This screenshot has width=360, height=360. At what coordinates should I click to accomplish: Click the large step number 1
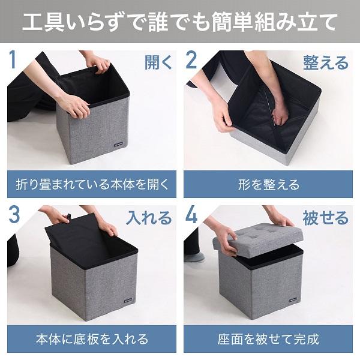click(13, 60)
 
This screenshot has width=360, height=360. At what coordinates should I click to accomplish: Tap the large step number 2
click(191, 60)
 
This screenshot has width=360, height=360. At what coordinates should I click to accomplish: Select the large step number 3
click(14, 214)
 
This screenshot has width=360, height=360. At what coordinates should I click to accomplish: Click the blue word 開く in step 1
click(158, 62)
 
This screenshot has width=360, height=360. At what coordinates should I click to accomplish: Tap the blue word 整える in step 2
click(326, 62)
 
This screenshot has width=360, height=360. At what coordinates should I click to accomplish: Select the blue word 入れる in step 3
click(149, 218)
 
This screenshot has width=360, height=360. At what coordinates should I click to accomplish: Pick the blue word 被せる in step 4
click(326, 218)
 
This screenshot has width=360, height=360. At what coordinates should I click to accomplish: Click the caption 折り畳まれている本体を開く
click(92, 184)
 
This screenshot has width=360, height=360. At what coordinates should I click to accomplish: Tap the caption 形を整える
click(268, 184)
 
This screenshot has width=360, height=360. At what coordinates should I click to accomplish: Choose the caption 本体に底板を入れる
click(92, 339)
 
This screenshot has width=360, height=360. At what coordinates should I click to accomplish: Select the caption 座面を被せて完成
click(268, 339)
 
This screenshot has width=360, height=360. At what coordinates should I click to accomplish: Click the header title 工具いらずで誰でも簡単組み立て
click(180, 22)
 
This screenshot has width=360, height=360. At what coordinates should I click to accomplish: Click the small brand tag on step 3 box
click(129, 301)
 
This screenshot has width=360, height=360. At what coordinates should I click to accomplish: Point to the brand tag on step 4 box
click(292, 300)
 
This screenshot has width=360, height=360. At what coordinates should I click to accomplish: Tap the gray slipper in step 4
click(194, 257)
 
